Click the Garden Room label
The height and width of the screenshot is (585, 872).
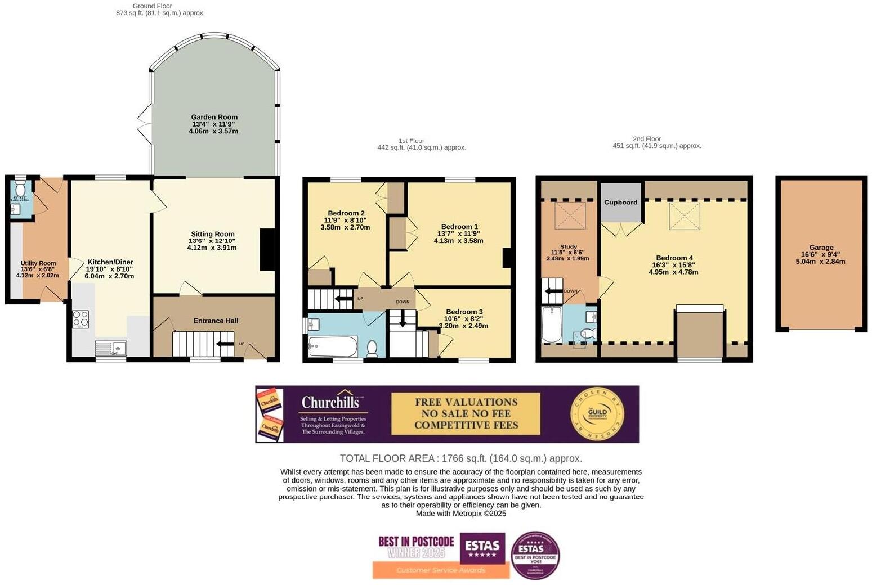(214, 117)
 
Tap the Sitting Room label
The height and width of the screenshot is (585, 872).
(212, 234)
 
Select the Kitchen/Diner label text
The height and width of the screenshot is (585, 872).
(110, 262)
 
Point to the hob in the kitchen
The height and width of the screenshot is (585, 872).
(81, 319)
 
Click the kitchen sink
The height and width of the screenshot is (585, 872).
(111, 348)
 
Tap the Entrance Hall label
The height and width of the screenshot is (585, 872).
(216, 321)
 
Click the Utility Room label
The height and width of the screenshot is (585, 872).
(38, 263)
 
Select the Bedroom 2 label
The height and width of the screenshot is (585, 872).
(346, 213)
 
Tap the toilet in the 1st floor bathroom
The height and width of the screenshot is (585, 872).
(372, 349)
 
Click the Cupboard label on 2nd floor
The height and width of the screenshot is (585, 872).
(620, 202)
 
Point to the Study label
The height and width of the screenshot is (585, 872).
(568, 246)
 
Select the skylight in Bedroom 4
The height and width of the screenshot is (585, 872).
(685, 216)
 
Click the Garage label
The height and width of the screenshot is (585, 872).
(821, 247)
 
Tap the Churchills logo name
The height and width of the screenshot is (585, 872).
(330, 402)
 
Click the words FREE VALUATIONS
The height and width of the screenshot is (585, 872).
(466, 402)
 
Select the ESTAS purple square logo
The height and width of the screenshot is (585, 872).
(482, 547)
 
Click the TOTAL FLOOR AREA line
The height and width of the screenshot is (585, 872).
(460, 458)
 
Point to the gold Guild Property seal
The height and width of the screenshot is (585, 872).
(597, 414)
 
